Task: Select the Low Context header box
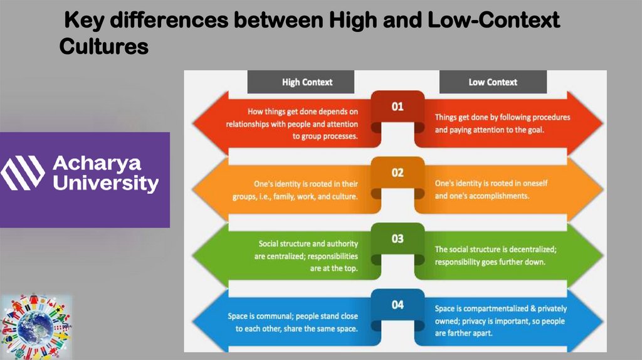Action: [x=493, y=82]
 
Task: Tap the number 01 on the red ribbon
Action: [x=397, y=107]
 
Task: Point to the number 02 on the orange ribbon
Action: [x=397, y=172]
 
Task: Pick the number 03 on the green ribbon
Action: [x=397, y=239]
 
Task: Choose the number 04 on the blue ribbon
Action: [x=397, y=305]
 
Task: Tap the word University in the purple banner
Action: [x=106, y=184]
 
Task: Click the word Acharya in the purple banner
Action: [x=97, y=164]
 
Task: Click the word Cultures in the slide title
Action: [x=104, y=46]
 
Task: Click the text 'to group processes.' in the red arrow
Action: [x=325, y=135]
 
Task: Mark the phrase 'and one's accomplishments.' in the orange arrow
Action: [x=482, y=196]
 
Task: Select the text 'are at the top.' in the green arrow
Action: [x=334, y=268]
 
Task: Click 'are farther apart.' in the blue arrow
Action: [x=464, y=333]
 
